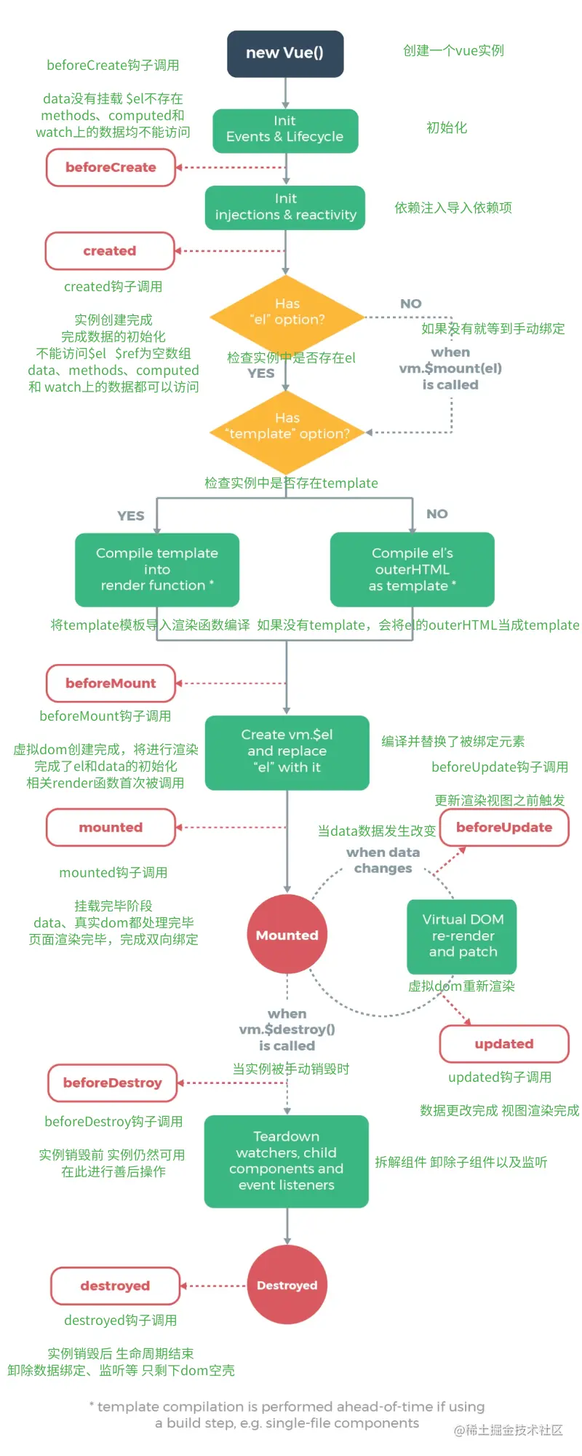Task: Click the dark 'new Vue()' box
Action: (x=285, y=54)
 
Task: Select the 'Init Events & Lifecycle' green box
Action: (x=285, y=130)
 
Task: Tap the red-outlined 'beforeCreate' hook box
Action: (x=111, y=167)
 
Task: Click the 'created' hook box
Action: (x=110, y=251)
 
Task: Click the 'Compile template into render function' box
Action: (x=157, y=569)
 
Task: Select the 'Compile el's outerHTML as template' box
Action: (x=412, y=569)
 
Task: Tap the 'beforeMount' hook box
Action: (x=111, y=683)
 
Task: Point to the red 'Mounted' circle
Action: (x=287, y=935)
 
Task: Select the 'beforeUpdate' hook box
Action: (x=503, y=828)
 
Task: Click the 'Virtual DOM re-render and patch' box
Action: (x=462, y=936)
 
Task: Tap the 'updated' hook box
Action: (x=503, y=1044)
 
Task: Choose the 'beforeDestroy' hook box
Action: (x=113, y=1083)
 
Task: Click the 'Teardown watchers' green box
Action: (x=287, y=1161)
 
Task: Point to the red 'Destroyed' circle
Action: (x=287, y=1285)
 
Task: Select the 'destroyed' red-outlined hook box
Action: (x=115, y=1286)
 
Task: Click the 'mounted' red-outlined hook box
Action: (x=111, y=828)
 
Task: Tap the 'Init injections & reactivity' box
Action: (x=285, y=207)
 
